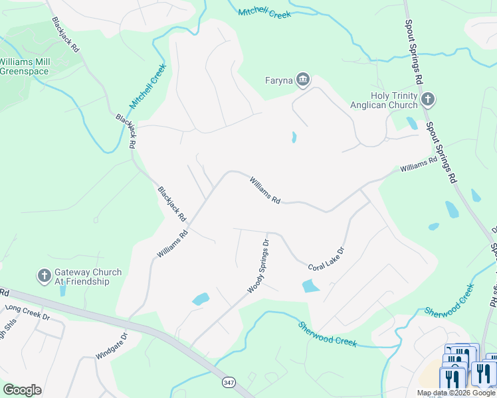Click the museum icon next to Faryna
(x=303, y=80)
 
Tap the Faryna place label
(x=278, y=81)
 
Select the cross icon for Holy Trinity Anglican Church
(x=428, y=100)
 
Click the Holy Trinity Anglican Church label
(x=394, y=100)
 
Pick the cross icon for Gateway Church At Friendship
(x=44, y=277)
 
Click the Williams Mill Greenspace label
(x=24, y=66)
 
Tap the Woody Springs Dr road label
(x=258, y=267)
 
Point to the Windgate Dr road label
(x=110, y=346)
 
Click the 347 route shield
(x=229, y=383)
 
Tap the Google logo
(x=22, y=390)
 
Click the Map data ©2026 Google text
(x=456, y=393)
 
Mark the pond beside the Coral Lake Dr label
(x=311, y=286)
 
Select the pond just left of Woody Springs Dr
(x=201, y=299)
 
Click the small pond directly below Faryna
(x=293, y=137)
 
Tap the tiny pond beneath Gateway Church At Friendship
(x=62, y=291)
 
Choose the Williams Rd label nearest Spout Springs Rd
(x=419, y=165)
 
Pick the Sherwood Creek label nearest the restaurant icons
(x=449, y=300)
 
